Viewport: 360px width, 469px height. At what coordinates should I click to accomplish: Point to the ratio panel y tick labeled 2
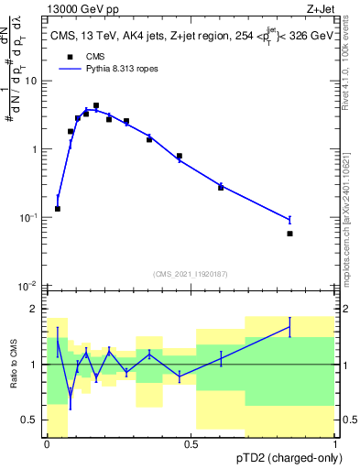point(35,309)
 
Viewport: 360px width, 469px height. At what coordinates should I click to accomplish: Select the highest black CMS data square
point(96,106)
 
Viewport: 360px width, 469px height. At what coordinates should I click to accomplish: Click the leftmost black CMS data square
point(58,209)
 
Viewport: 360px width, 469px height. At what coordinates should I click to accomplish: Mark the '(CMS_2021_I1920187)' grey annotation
point(190,273)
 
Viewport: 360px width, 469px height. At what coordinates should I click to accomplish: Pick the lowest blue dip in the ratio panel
point(71,396)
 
